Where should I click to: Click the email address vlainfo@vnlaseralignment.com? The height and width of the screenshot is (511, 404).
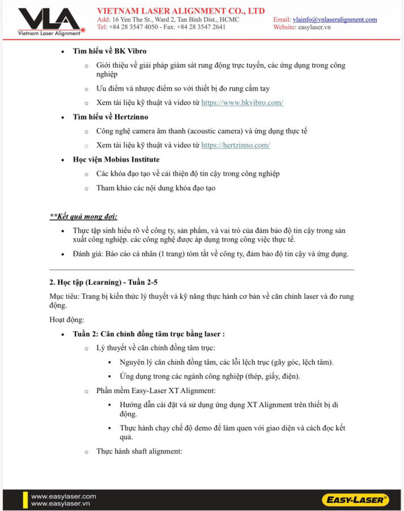point(334,19)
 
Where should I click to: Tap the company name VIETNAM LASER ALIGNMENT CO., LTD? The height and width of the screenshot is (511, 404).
point(181,11)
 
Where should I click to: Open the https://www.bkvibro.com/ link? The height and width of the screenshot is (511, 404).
point(242,103)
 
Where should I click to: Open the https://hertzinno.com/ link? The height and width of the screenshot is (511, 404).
point(235,145)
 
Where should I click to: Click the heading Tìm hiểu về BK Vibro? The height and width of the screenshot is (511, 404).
point(109,51)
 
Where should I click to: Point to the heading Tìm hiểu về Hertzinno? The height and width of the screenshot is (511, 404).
point(110,117)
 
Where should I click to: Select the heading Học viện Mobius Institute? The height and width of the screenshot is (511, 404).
point(116,159)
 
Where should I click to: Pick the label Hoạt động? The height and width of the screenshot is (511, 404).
point(67,320)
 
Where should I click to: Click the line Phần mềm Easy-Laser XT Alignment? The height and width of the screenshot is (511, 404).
point(156,390)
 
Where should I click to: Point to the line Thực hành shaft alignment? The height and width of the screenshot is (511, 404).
point(139,451)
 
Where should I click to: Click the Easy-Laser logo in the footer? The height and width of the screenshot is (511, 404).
point(355,500)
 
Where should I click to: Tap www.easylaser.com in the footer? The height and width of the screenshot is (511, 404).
point(63,496)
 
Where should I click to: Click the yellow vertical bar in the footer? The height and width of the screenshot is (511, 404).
point(25,500)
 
